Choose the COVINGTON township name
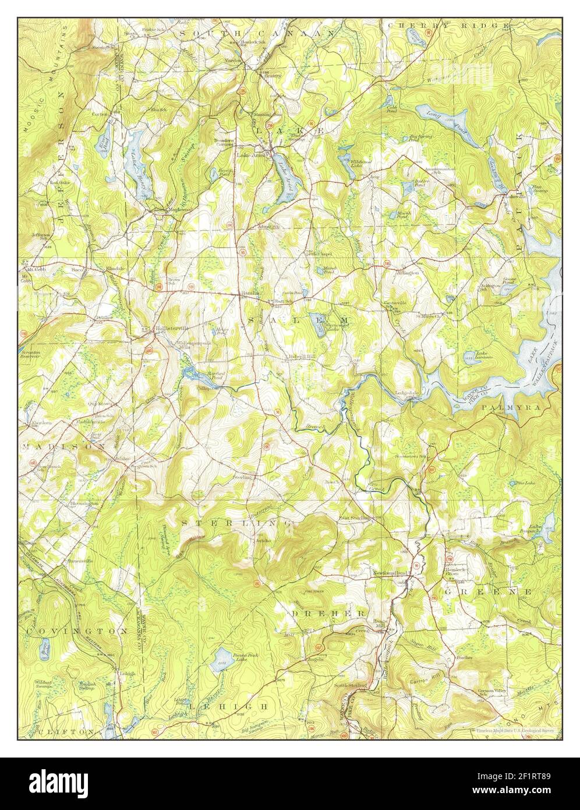click(x=76, y=631)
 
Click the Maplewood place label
click(x=165, y=207)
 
